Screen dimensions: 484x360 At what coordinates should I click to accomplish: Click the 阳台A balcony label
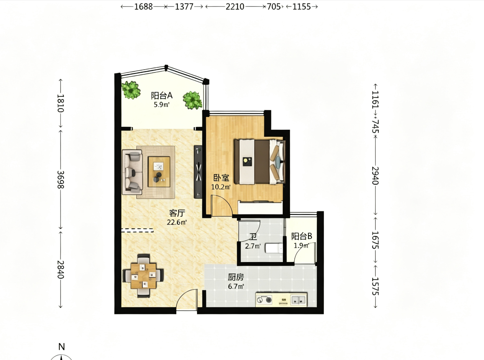162,96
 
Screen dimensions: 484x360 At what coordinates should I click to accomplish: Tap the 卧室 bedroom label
221,178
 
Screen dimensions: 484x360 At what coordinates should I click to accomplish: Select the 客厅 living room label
177,213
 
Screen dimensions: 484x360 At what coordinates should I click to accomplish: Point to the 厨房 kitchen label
236,277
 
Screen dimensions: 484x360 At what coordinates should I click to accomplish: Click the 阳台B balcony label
302,236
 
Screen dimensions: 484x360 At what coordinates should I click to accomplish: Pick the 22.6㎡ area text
177,223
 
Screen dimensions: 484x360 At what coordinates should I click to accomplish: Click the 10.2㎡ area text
221,187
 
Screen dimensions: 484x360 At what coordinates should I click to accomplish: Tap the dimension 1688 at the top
143,7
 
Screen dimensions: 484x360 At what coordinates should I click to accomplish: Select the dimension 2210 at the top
235,7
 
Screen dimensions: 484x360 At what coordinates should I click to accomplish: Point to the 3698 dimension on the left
61,179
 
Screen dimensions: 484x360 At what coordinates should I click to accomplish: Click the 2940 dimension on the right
375,176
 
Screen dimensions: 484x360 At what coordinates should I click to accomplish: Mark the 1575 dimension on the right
375,286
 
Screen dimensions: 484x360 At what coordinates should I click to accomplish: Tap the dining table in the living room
144,276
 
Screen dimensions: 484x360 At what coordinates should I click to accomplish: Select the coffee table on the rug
159,172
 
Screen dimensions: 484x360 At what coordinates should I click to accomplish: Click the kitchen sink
299,300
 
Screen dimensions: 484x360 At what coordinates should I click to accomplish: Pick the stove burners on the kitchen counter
265,300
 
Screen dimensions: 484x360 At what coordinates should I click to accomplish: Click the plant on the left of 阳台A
131,90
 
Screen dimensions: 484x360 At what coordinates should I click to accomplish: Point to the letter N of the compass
62,347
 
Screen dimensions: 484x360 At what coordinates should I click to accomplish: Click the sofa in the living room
133,172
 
